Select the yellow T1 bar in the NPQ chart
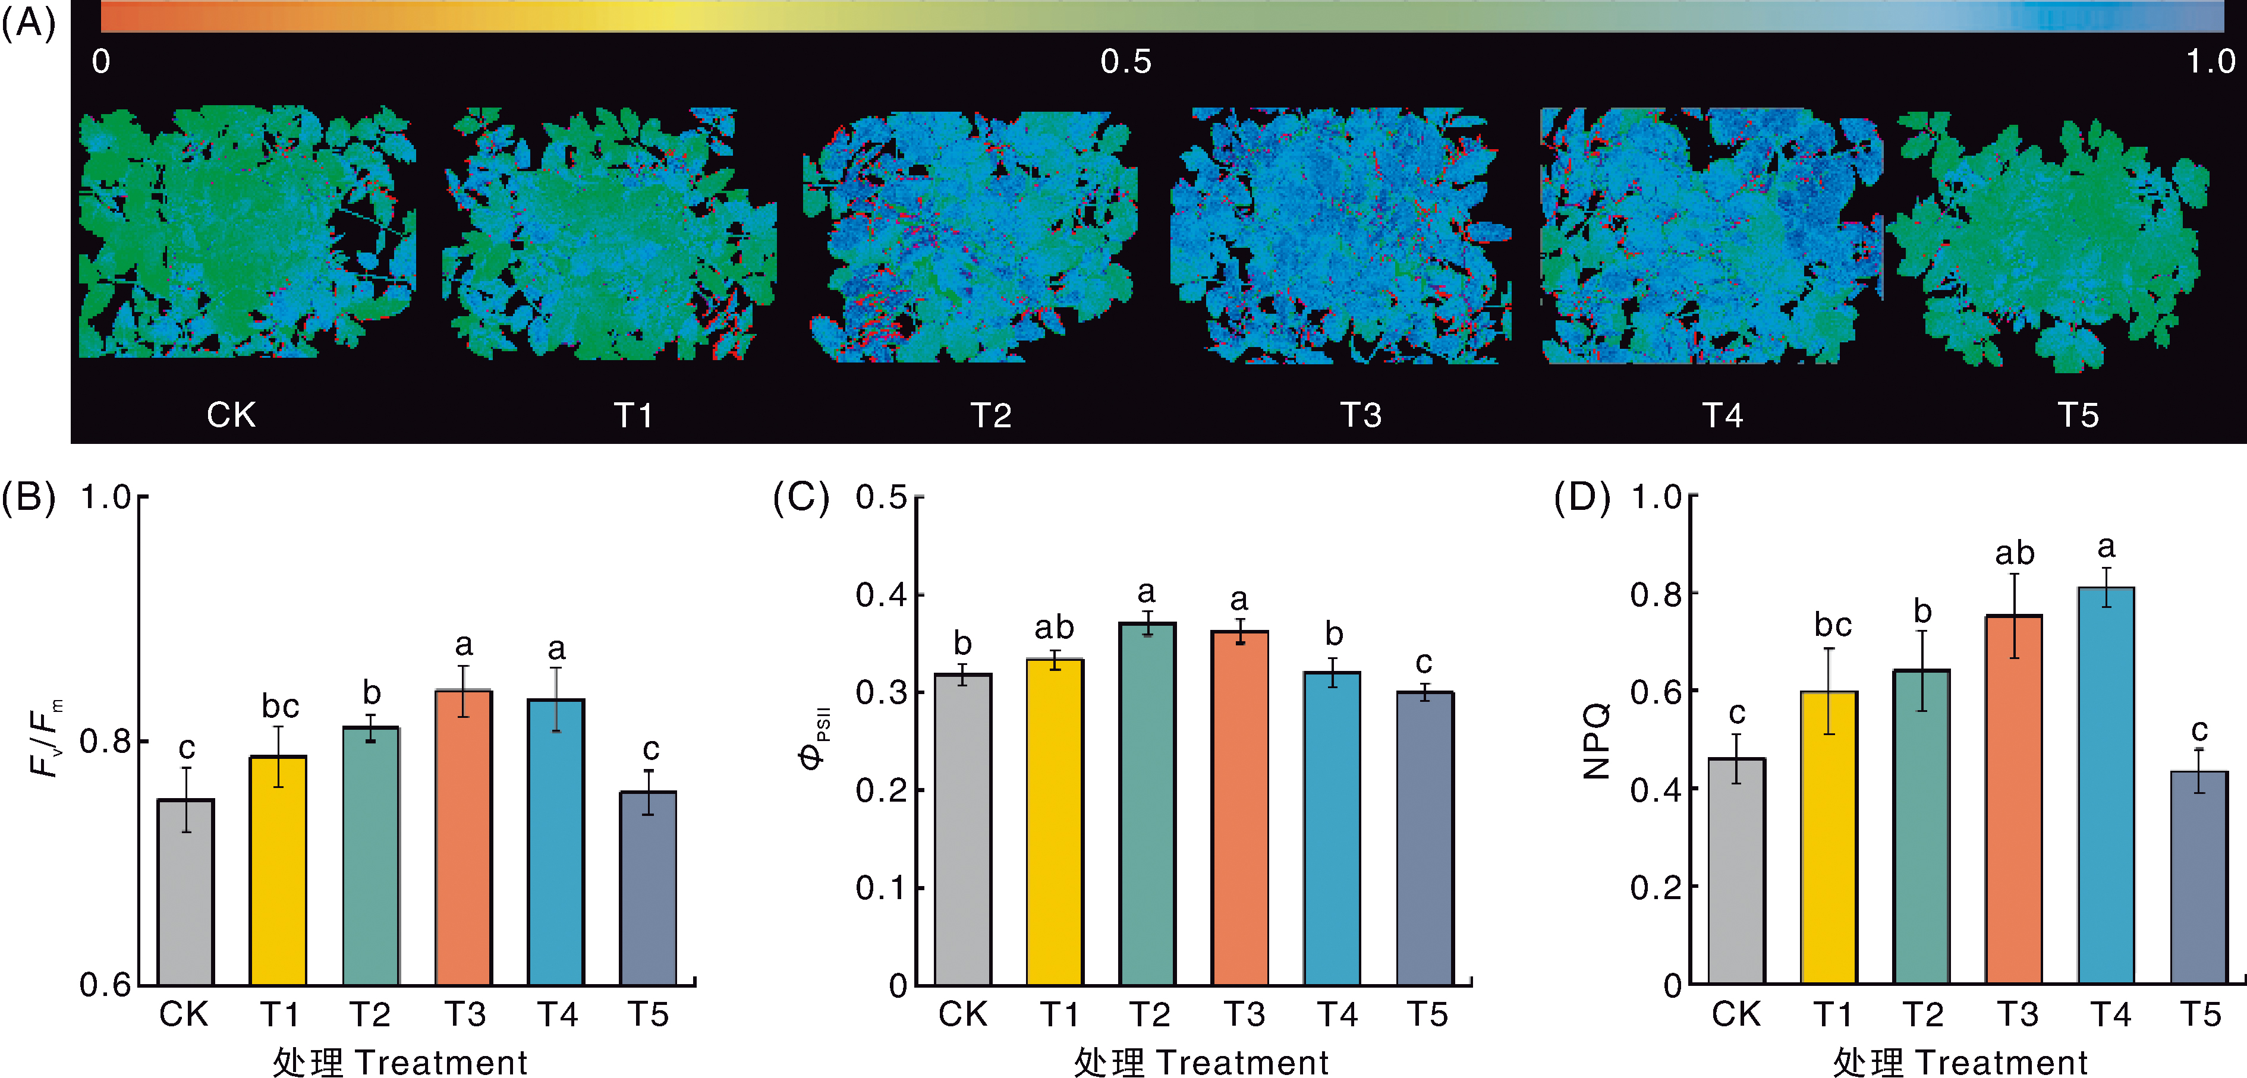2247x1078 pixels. point(1829,837)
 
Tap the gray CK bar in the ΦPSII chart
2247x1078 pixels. point(962,828)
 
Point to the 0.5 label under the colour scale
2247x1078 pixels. point(1125,62)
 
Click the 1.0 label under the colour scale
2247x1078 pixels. point(2210,62)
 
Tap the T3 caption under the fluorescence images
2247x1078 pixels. point(1360,415)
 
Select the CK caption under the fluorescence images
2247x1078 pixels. point(231,415)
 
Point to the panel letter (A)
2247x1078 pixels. point(28,24)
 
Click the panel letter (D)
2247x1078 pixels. point(1581,497)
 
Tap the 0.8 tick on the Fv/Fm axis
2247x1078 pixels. point(104,741)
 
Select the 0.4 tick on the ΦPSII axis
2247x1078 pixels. point(880,595)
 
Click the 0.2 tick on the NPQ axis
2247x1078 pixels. point(1655,888)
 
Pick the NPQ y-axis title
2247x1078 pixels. point(1596,741)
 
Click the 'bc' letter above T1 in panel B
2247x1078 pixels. point(280,705)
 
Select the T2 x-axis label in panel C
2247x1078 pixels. point(1149,1015)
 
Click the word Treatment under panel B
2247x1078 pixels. point(440,1063)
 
